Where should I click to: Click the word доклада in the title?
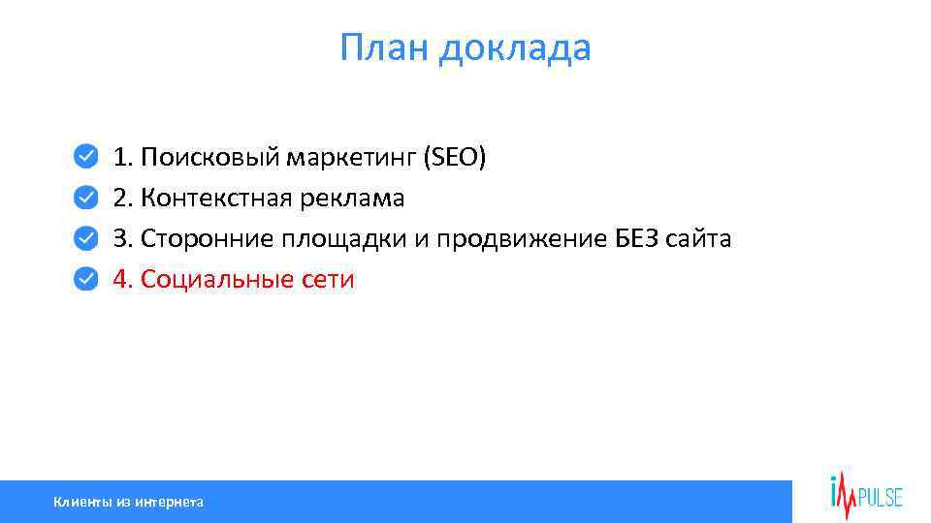(x=514, y=48)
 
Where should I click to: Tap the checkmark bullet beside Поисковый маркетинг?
(x=86, y=156)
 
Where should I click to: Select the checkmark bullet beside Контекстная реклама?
(x=86, y=198)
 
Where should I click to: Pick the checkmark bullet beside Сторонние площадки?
(x=86, y=238)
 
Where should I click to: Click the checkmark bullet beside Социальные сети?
(x=86, y=279)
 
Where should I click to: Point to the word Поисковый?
(x=209, y=157)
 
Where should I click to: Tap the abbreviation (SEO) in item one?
(x=454, y=157)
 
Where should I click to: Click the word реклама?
(x=355, y=199)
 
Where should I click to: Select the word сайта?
(x=699, y=239)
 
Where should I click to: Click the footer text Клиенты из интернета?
(x=128, y=502)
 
